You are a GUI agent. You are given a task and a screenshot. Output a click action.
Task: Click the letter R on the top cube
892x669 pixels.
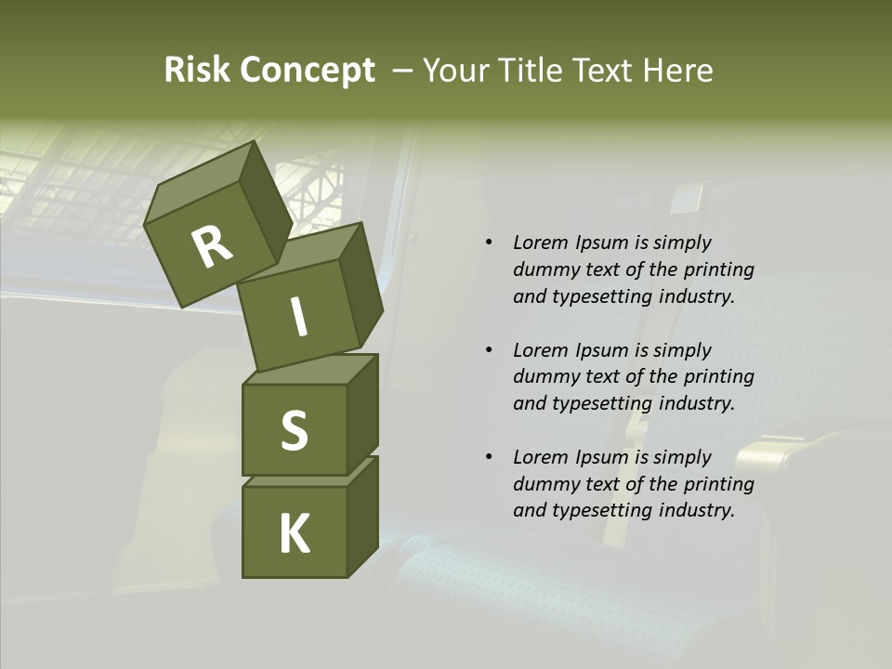(x=212, y=247)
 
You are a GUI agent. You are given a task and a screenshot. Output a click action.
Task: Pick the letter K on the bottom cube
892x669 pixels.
(x=294, y=534)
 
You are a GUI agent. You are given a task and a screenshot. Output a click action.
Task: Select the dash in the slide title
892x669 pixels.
(x=403, y=72)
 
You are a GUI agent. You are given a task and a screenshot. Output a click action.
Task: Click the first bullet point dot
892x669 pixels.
(x=488, y=243)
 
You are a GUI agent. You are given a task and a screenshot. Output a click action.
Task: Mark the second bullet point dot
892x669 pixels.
(x=488, y=350)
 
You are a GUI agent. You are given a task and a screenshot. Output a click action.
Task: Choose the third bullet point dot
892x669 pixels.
(x=488, y=457)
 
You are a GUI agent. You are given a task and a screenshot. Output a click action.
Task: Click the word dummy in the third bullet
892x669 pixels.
(x=544, y=484)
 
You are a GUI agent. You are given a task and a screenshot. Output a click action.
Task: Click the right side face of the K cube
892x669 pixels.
(x=362, y=518)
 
